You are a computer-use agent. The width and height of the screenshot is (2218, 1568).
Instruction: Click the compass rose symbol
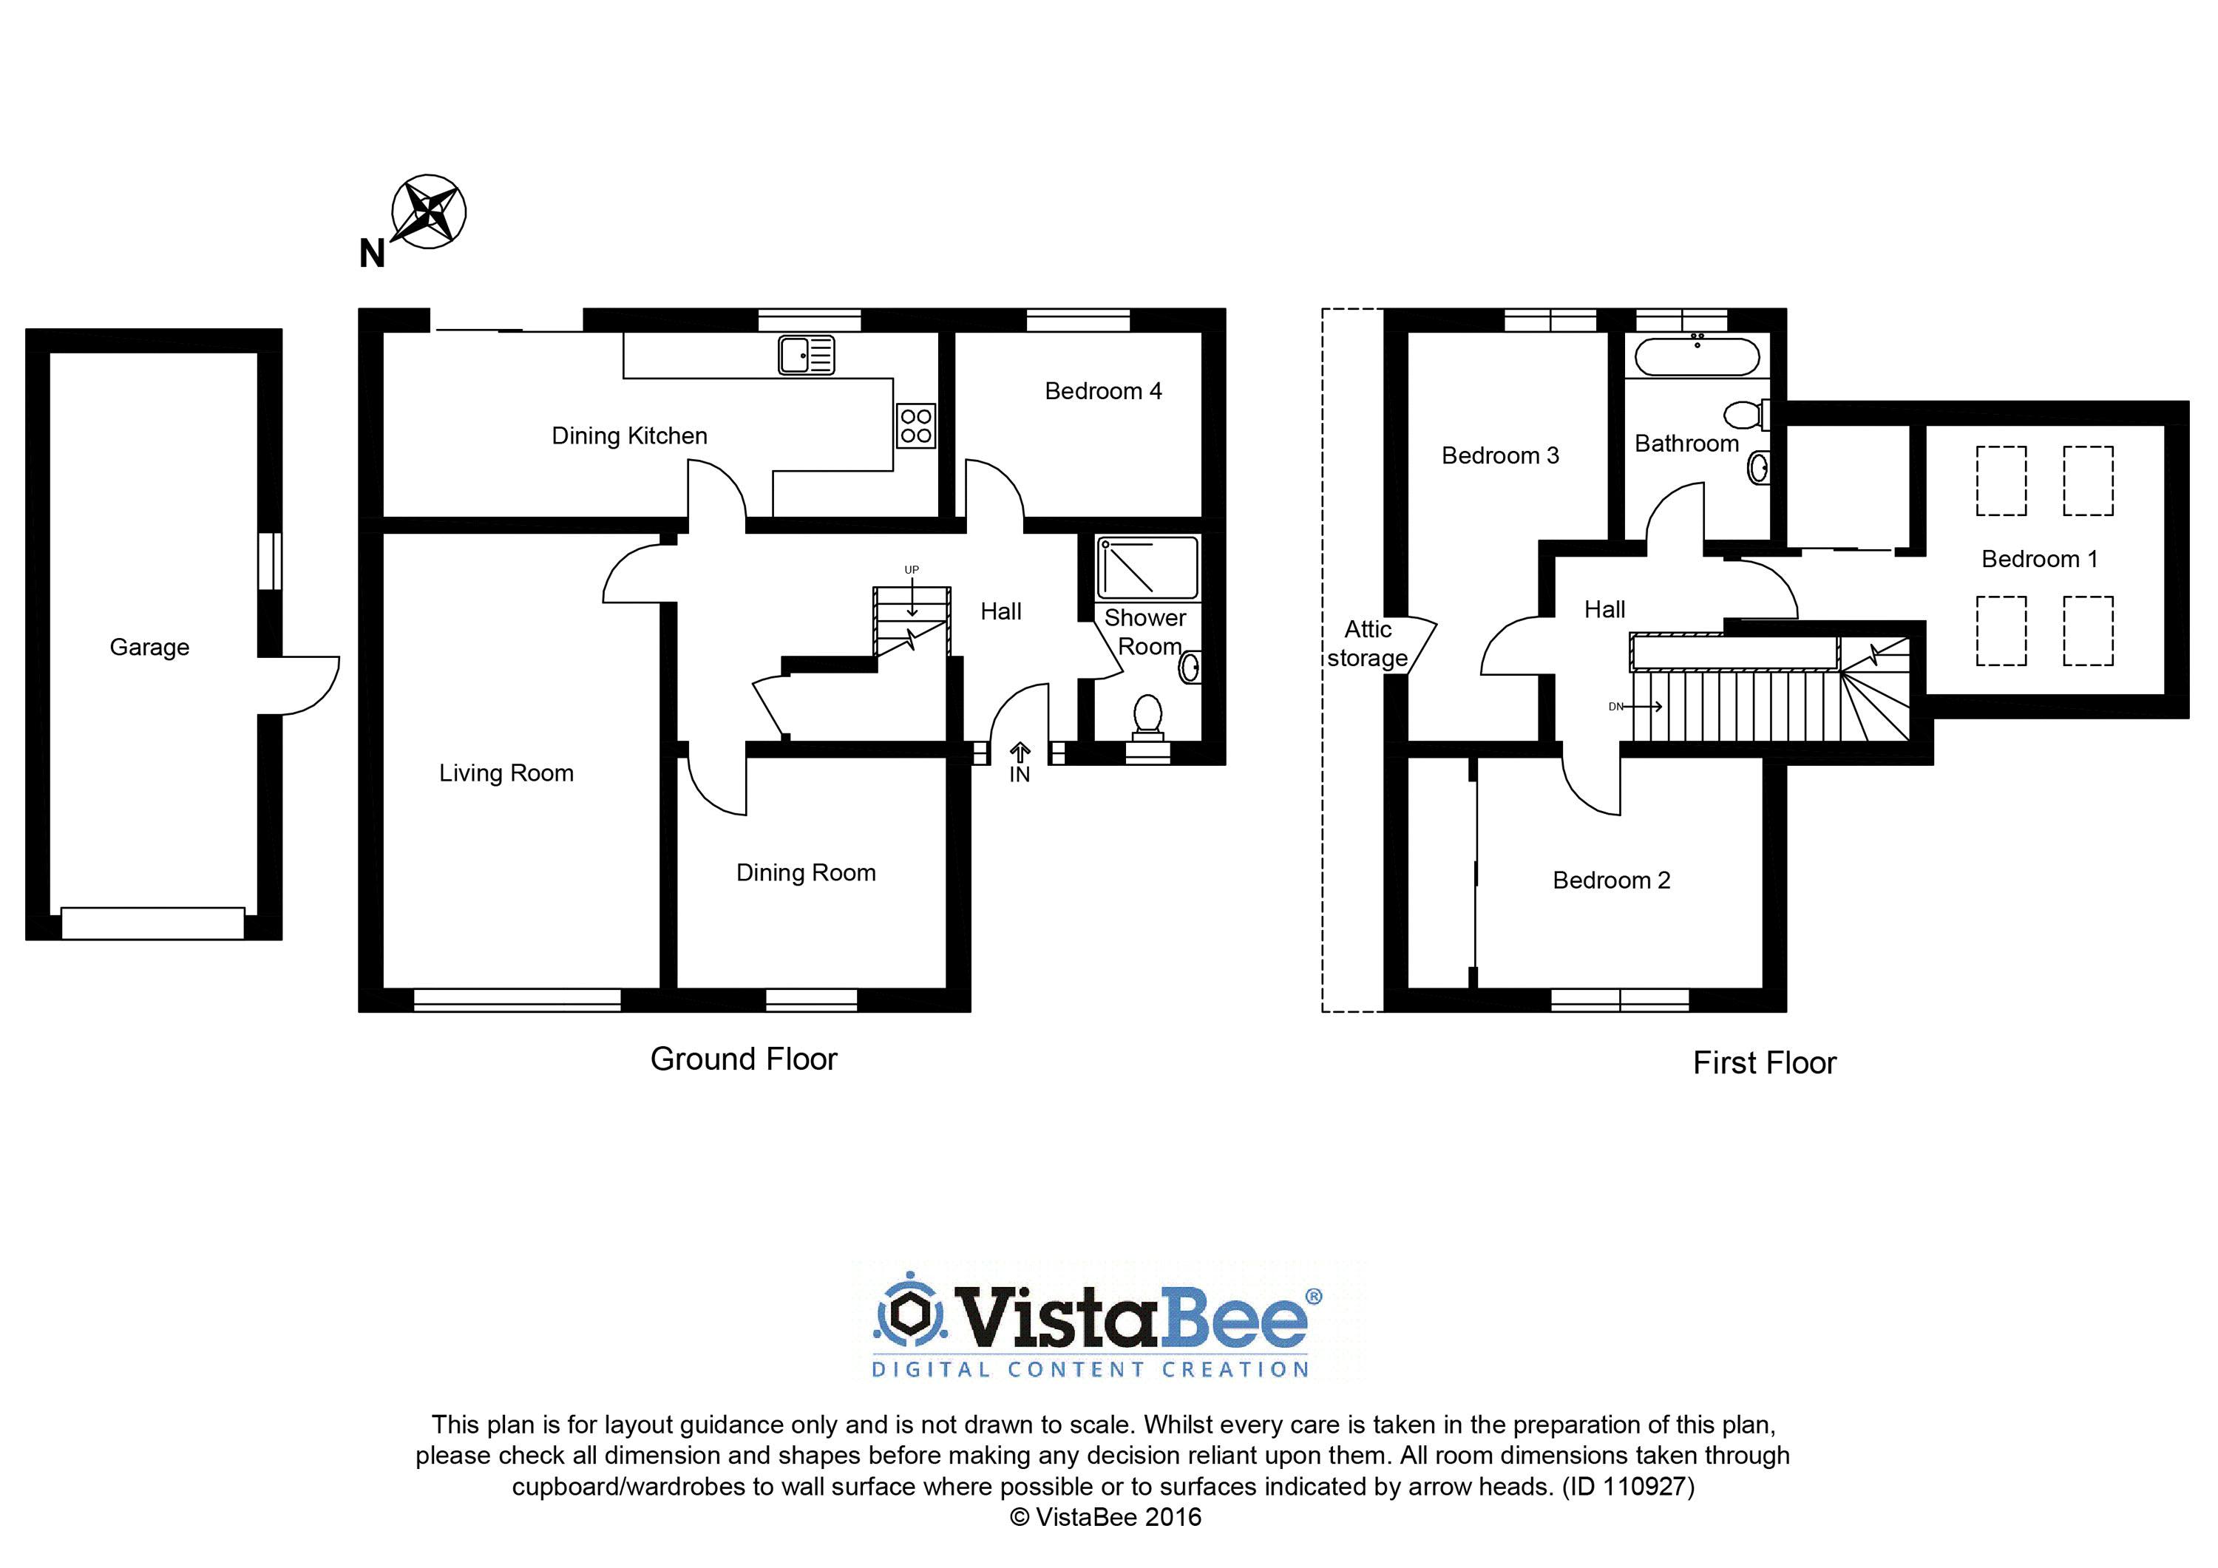(x=428, y=211)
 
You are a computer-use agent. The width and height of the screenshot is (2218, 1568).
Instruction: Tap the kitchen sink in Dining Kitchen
(x=807, y=355)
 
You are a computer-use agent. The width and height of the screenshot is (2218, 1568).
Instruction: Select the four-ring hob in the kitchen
(x=916, y=426)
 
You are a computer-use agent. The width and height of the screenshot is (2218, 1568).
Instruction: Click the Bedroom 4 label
(x=1103, y=391)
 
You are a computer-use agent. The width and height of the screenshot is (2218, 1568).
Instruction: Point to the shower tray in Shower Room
(x=1147, y=567)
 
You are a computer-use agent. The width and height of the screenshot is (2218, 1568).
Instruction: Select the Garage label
(x=150, y=648)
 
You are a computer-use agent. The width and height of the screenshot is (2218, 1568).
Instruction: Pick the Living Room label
(x=506, y=773)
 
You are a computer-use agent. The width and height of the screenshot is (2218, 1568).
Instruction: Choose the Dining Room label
(x=806, y=873)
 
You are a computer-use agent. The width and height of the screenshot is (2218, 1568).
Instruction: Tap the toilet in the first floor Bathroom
(x=1746, y=415)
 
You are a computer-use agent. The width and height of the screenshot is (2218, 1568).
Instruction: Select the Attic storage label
(x=1368, y=643)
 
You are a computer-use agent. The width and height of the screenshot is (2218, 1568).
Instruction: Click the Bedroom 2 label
(x=1611, y=880)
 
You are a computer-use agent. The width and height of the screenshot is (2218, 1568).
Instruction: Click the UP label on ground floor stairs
(x=911, y=570)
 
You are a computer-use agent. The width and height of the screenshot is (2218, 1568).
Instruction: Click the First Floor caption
(x=1764, y=1063)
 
